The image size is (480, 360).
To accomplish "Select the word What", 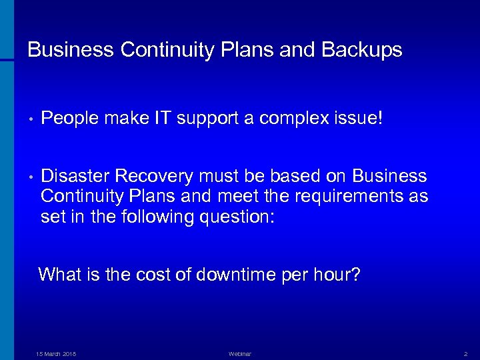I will (61, 275).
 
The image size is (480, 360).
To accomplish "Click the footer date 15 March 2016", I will (56, 354).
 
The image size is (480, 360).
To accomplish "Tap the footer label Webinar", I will (239, 354).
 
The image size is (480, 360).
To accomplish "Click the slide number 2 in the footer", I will (465, 354).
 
